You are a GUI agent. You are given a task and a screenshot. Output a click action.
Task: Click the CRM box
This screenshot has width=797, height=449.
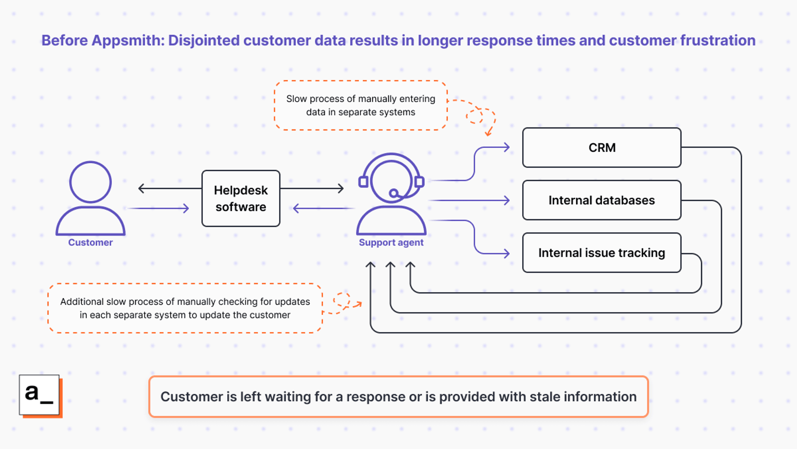[602, 148]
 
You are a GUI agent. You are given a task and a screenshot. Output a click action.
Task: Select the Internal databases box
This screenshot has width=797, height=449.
[602, 200]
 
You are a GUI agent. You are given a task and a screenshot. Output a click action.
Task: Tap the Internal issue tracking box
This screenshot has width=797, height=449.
[602, 253]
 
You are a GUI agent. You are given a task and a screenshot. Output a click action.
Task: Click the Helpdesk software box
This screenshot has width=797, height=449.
[241, 198]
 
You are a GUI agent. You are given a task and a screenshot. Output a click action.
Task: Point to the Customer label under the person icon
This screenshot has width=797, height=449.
[90, 242]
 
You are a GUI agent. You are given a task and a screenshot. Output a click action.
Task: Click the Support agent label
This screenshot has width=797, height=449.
[391, 242]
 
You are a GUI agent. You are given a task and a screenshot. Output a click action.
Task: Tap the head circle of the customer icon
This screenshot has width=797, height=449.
[90, 182]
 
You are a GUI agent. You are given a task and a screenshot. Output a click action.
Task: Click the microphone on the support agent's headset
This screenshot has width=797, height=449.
[394, 194]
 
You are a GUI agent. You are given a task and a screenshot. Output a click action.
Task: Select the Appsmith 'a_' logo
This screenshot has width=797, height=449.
[39, 395]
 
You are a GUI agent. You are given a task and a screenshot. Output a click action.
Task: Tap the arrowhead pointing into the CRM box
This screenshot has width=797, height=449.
[507, 147]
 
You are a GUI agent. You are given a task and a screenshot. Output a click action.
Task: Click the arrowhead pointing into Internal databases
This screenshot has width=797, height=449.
[507, 200]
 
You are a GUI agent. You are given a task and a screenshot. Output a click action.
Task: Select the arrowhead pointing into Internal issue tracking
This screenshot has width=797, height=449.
[507, 253]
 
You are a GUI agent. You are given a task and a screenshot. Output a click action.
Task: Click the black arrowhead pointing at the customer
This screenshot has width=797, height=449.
[141, 188]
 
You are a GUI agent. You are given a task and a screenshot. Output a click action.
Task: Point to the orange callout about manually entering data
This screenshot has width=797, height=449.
[361, 105]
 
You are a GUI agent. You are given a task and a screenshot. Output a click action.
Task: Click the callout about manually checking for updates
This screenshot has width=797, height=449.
[185, 308]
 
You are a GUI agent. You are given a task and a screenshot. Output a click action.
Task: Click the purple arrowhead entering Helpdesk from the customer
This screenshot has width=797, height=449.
[186, 208]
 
